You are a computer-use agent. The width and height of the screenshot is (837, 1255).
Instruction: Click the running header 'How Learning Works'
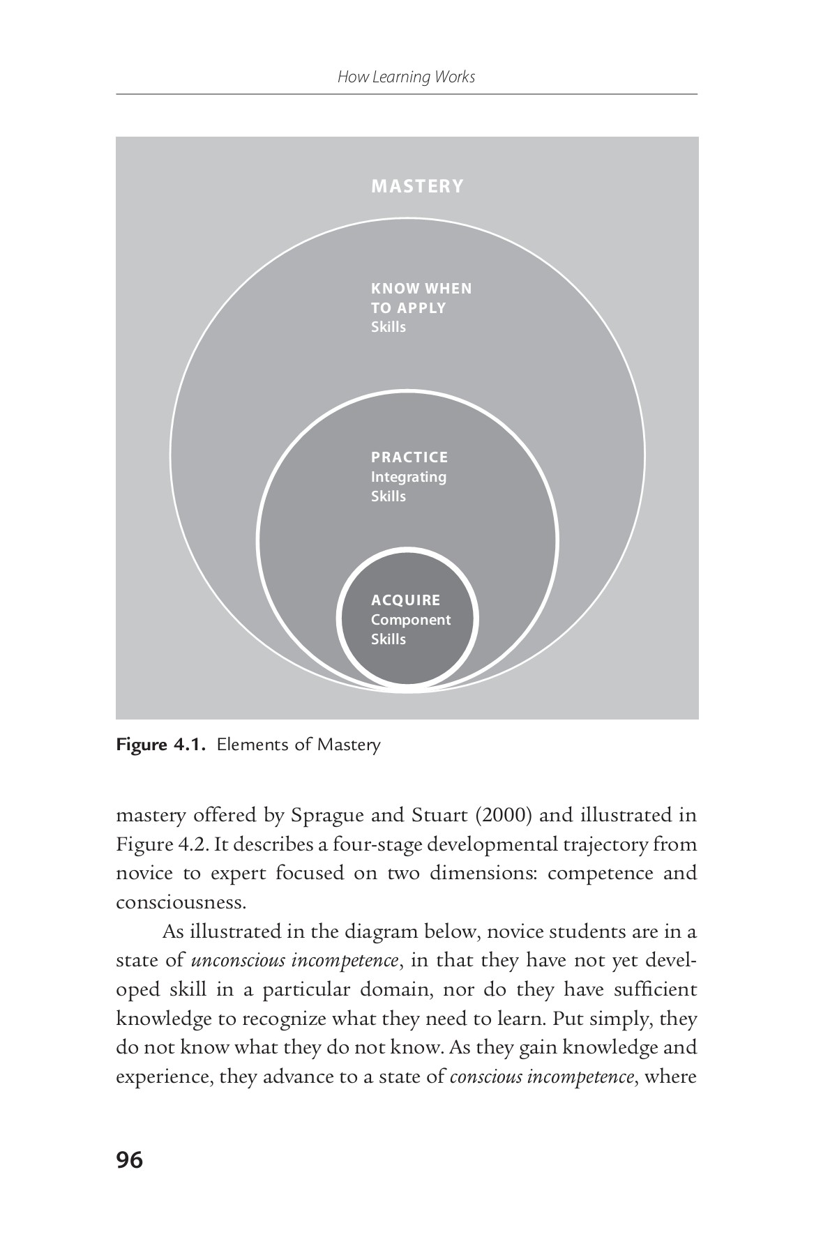pyautogui.click(x=406, y=77)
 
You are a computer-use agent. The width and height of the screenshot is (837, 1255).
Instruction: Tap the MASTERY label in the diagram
pyautogui.click(x=417, y=186)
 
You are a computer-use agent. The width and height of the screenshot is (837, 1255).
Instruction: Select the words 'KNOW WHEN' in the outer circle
pyautogui.click(x=421, y=288)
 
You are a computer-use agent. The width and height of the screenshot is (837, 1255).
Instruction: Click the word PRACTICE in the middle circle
pyautogui.click(x=409, y=457)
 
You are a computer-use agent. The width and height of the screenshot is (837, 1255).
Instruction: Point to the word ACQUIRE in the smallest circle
pyautogui.click(x=405, y=600)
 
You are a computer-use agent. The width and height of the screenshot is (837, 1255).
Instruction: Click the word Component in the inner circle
pyautogui.click(x=410, y=620)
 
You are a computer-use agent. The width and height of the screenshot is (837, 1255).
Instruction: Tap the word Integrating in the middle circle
pyautogui.click(x=408, y=477)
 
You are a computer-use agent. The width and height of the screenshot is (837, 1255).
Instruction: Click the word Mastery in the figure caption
pyautogui.click(x=349, y=745)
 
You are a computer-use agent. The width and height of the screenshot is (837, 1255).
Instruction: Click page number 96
pyautogui.click(x=130, y=1160)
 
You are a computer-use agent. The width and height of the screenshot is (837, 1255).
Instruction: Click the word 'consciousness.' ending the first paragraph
pyautogui.click(x=181, y=902)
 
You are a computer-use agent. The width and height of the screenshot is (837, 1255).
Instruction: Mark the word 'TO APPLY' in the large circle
pyautogui.click(x=408, y=307)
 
